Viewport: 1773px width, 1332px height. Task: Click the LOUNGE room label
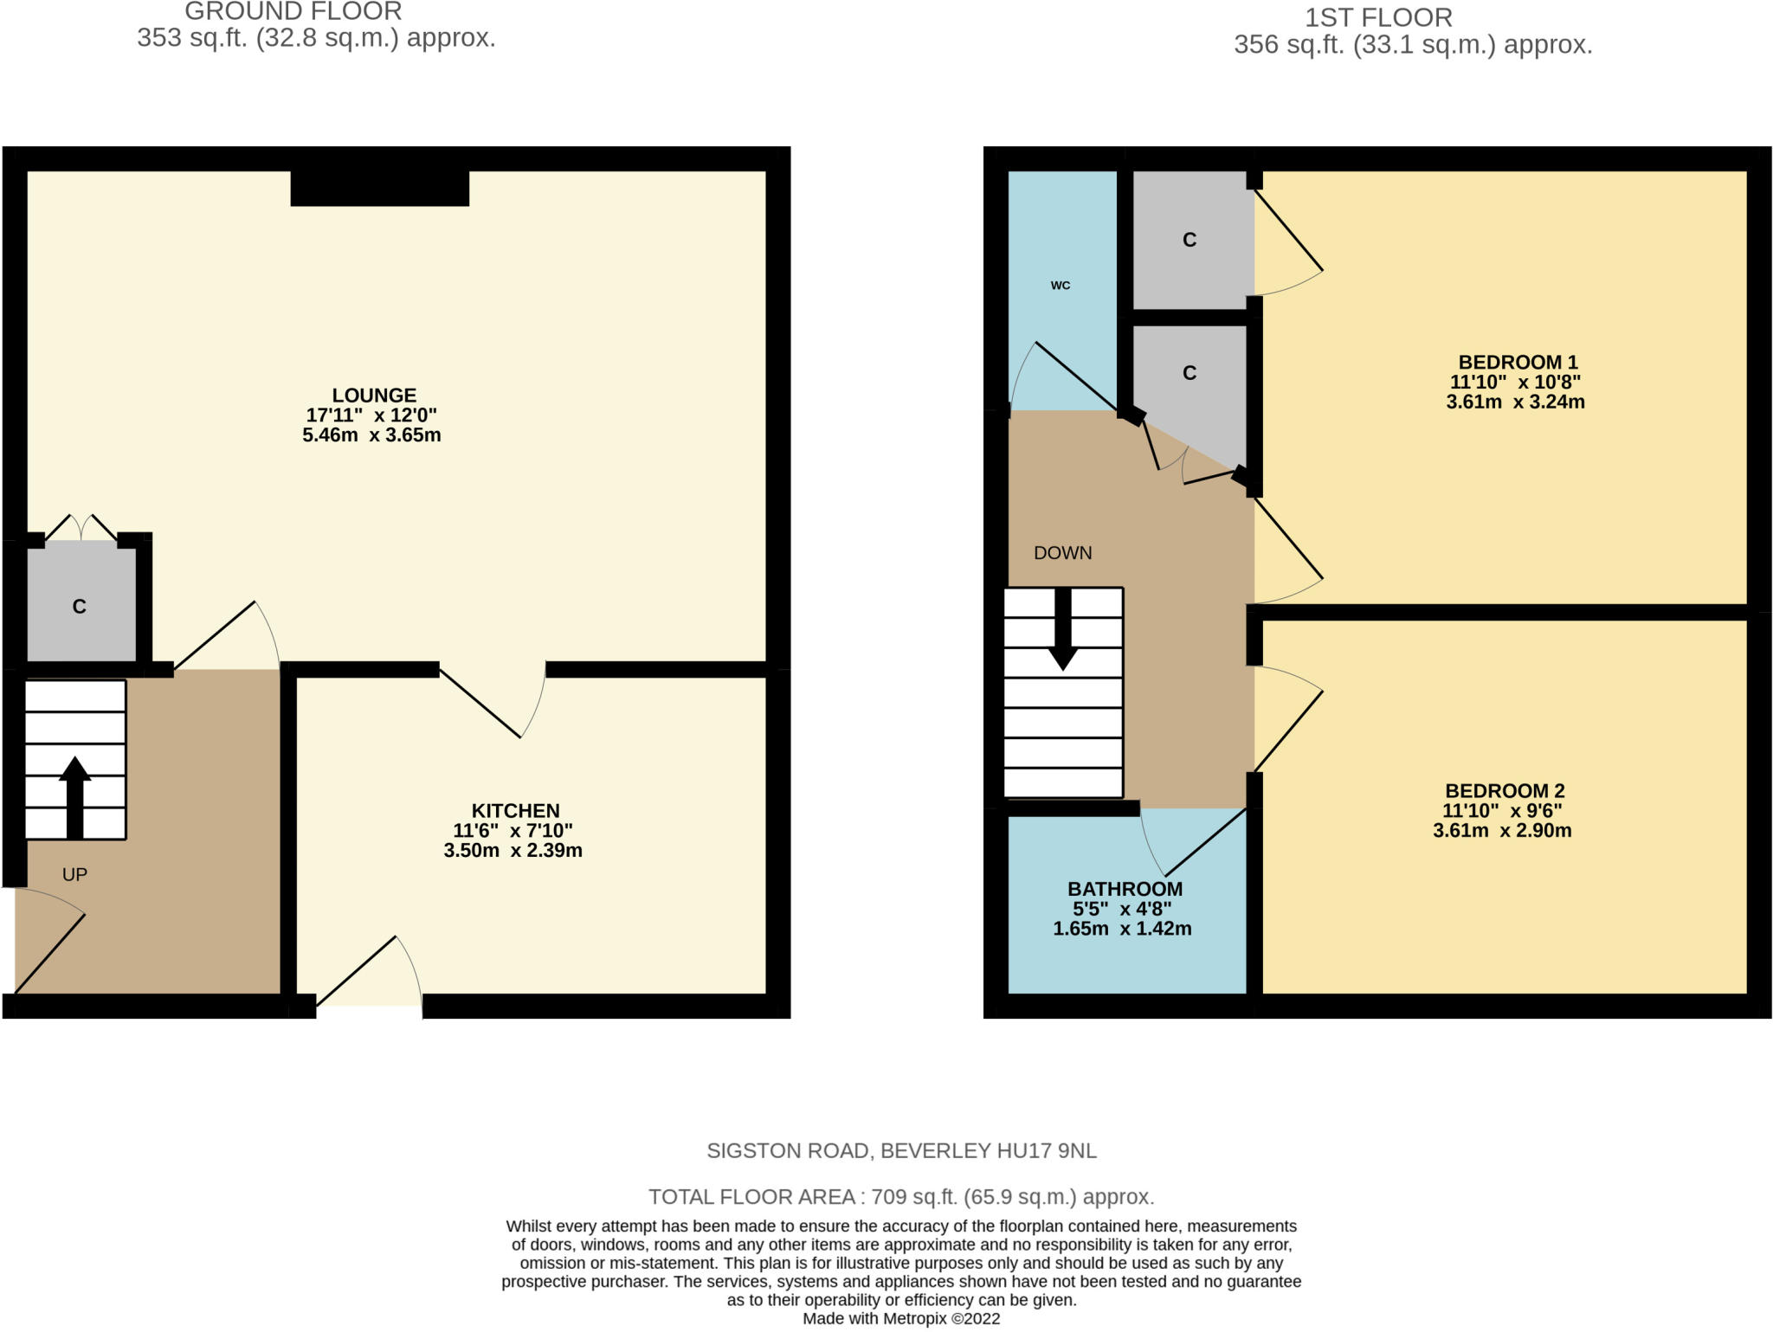pyautogui.click(x=374, y=396)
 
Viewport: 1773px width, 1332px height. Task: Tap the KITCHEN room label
pyautogui.click(x=515, y=811)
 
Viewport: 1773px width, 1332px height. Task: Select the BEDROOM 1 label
pyautogui.click(x=1518, y=363)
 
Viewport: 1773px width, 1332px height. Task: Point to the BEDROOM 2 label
pyautogui.click(x=1505, y=791)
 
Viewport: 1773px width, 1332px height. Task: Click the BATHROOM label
pyautogui.click(x=1125, y=889)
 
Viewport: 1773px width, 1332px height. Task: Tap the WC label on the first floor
pyautogui.click(x=1061, y=286)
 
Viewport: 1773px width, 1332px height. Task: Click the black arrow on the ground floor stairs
pyautogui.click(x=75, y=797)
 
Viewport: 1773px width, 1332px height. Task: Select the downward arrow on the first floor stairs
pyautogui.click(x=1063, y=629)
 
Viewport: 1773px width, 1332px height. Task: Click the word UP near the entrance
pyautogui.click(x=75, y=874)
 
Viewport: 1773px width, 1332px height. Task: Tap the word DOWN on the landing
pyautogui.click(x=1063, y=553)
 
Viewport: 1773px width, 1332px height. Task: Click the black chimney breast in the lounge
pyautogui.click(x=380, y=189)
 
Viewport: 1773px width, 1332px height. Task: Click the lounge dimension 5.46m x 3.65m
pyautogui.click(x=371, y=435)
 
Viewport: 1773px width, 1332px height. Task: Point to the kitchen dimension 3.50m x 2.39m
pyautogui.click(x=513, y=851)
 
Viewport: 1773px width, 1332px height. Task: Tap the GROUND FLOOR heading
pyautogui.click(x=293, y=11)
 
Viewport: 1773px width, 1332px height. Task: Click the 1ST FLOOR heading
pyautogui.click(x=1379, y=17)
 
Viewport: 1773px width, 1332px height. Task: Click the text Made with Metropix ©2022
pyautogui.click(x=901, y=1319)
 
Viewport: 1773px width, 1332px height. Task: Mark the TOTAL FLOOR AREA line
pyautogui.click(x=901, y=1197)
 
